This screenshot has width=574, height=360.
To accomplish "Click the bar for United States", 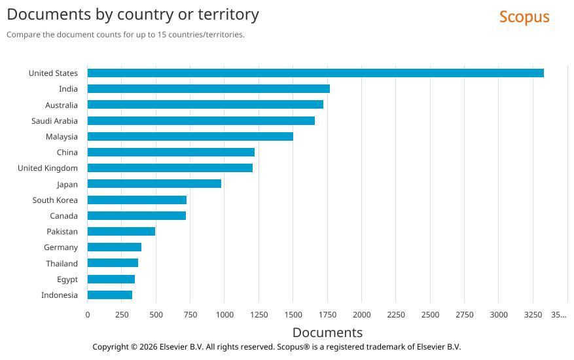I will (315, 73).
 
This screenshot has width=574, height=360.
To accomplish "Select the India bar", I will (208, 89).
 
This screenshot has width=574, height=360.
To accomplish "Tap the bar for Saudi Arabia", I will (201, 121).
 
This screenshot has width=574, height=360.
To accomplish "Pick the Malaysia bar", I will (190, 137).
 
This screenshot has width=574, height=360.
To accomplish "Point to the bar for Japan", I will (154, 185).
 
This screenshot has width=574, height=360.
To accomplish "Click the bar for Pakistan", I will (121, 232).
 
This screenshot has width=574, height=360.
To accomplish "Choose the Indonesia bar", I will (109, 295).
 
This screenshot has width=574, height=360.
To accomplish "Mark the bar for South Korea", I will (137, 200).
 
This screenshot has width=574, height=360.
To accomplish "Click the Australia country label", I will (61, 105).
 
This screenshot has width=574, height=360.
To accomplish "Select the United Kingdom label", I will (47, 168).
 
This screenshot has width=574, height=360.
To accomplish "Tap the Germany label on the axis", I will (60, 247).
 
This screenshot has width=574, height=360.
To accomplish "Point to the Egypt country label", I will (67, 279).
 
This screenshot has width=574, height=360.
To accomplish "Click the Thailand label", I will (62, 264).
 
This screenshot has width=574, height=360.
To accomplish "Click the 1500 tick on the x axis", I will (293, 315).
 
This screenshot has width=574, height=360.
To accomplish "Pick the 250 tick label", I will (122, 315).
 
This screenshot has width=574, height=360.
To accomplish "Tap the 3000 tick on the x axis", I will (498, 315).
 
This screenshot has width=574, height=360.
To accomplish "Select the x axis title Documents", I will (327, 333).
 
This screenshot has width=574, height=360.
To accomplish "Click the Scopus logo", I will (524, 17).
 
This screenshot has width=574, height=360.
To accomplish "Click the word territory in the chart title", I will (224, 14).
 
